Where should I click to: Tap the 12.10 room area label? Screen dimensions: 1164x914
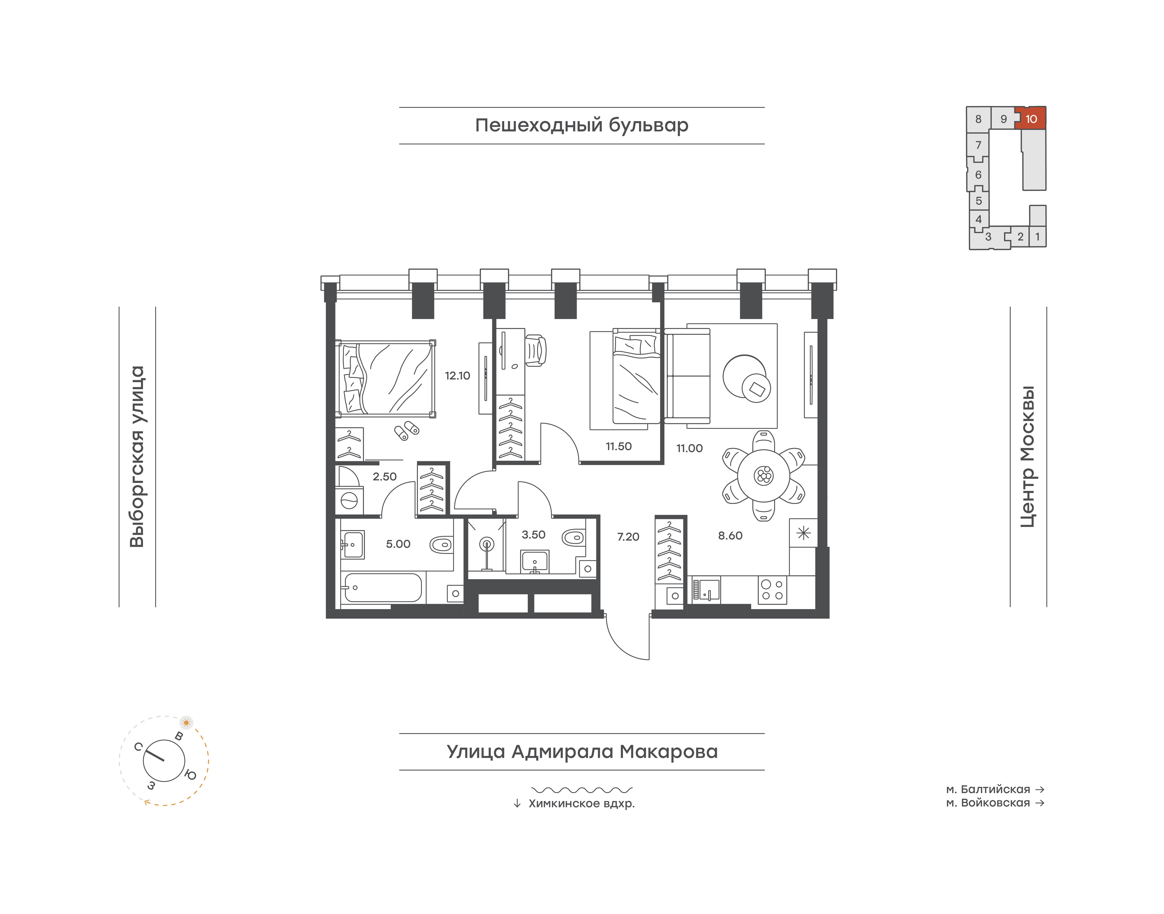tap(457, 376)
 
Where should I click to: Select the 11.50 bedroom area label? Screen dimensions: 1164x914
tap(618, 446)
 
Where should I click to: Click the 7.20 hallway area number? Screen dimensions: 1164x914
tap(628, 537)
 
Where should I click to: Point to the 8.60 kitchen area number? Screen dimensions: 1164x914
tap(730, 536)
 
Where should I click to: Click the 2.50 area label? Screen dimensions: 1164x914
tap(385, 477)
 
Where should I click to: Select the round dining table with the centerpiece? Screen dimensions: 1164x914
tap(763, 475)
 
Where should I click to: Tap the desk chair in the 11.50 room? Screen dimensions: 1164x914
tap(535, 351)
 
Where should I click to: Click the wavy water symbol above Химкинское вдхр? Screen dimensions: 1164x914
tap(582, 789)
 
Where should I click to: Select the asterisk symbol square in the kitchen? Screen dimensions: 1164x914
tap(804, 533)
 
